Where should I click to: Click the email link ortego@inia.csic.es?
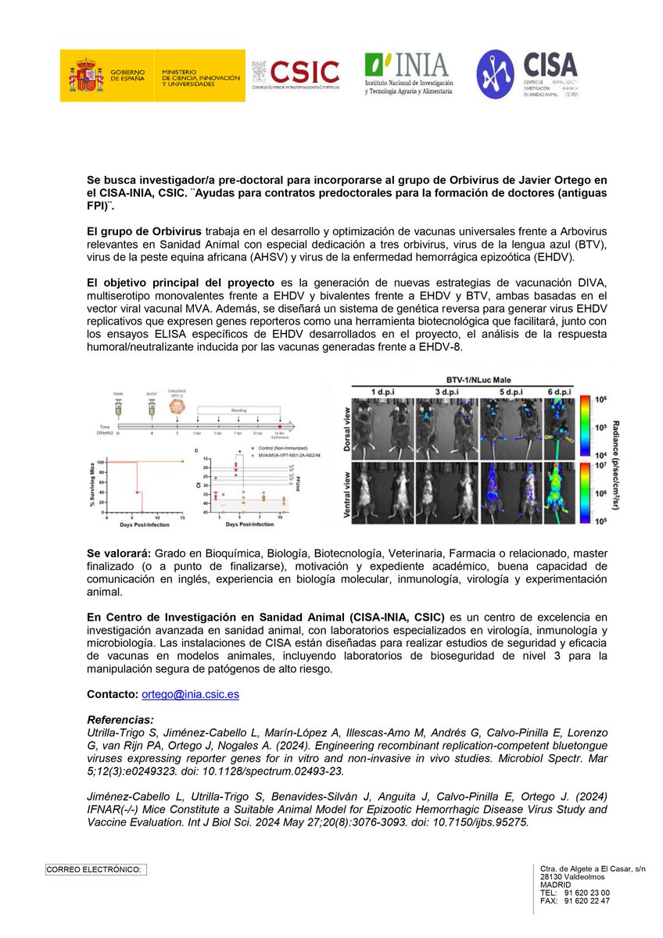(189, 694)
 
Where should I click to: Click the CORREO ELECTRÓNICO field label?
(95, 869)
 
